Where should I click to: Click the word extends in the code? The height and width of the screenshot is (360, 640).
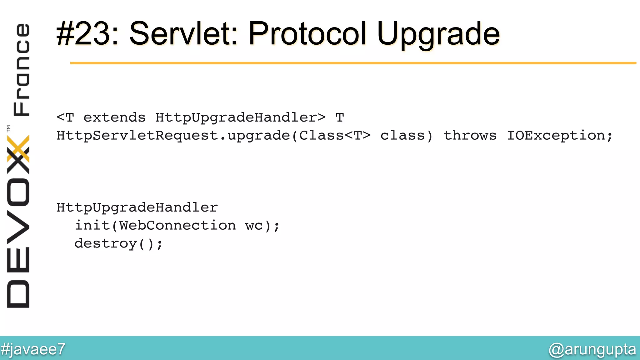(114, 118)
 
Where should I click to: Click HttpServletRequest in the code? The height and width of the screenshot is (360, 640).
(137, 136)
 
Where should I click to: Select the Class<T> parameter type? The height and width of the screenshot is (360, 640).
(335, 136)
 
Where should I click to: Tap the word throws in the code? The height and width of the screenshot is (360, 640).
(470, 136)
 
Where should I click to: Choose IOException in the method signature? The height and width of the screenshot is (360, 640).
(556, 136)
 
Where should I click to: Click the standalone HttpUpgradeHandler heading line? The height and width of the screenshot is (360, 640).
(137, 207)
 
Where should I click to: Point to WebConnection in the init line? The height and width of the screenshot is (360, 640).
(177, 225)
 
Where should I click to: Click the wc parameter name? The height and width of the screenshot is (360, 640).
(254, 226)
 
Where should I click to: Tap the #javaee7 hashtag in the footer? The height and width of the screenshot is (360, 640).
(33, 349)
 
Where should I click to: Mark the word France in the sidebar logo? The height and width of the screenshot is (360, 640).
(21, 69)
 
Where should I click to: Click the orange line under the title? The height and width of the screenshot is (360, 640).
(353, 63)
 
